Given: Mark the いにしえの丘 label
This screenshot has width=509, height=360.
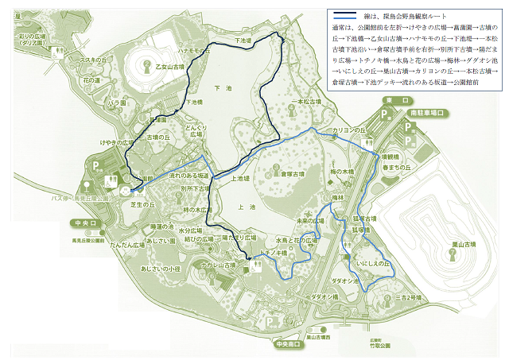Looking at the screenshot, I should [x=373, y=261].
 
